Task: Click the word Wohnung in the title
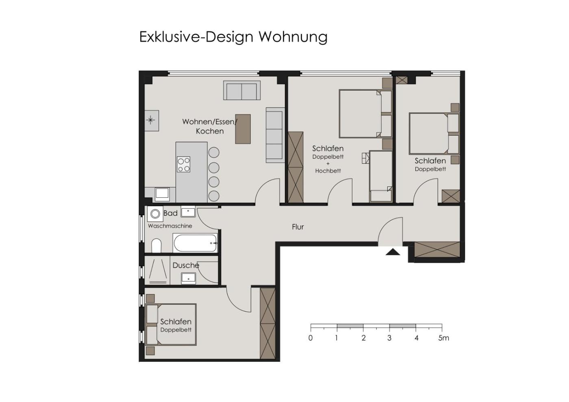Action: pyautogui.click(x=293, y=37)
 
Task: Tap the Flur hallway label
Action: pyautogui.click(x=298, y=227)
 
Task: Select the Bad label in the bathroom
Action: pyautogui.click(x=170, y=213)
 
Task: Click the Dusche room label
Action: pyautogui.click(x=186, y=266)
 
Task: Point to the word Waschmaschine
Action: pyautogui.click(x=170, y=226)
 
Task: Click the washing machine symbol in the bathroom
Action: pyautogui.click(x=155, y=214)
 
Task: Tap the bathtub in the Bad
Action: pyautogui.click(x=195, y=243)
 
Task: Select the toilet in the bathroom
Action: pyautogui.click(x=156, y=246)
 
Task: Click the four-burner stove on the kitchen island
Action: pyautogui.click(x=183, y=164)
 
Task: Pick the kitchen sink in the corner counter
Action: pyautogui.click(x=162, y=193)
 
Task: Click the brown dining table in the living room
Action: pyautogui.click(x=243, y=129)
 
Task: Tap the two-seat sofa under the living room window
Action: pyautogui.click(x=241, y=90)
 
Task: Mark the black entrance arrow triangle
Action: pyautogui.click(x=393, y=252)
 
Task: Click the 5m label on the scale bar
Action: pyautogui.click(x=443, y=338)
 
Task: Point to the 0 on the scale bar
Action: pyautogui.click(x=311, y=338)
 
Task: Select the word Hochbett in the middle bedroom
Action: pyautogui.click(x=328, y=171)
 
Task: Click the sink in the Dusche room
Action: pyautogui.click(x=189, y=279)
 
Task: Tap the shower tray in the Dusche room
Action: pyautogui.click(x=158, y=270)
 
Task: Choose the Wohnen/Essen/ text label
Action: pyautogui.click(x=210, y=122)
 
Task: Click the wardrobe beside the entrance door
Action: pyautogui.click(x=437, y=250)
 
